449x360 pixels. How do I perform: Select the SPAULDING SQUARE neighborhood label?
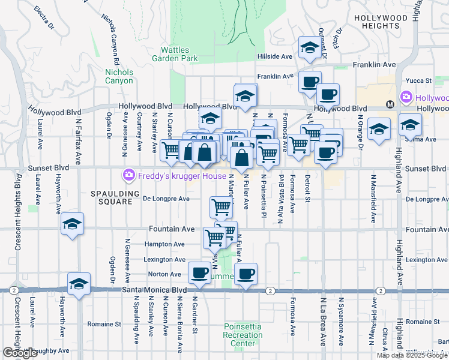tap(111, 197)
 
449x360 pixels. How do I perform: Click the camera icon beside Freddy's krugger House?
tap(127, 176)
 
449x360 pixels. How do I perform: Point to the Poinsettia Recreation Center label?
tap(243, 335)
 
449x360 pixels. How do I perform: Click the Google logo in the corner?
tap(20, 353)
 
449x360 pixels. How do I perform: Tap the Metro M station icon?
tap(390, 104)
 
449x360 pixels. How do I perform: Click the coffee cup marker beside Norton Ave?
tap(199, 272)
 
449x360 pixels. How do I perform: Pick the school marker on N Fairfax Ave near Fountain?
tap(72, 224)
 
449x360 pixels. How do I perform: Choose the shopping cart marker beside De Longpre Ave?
tap(221, 207)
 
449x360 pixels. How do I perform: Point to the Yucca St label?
tap(420, 80)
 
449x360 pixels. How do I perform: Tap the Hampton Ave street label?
tap(164, 244)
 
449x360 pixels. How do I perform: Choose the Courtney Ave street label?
tap(139, 132)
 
